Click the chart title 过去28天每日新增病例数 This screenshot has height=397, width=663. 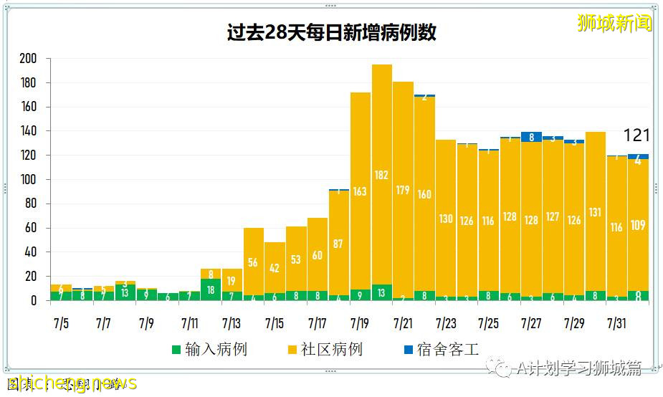coord(331,33)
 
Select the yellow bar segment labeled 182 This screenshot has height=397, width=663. coord(382,175)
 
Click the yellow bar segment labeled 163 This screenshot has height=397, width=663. coord(361,191)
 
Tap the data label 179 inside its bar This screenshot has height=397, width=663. coord(404,190)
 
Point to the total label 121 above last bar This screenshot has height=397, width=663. coord(636,135)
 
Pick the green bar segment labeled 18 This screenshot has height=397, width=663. coord(211,290)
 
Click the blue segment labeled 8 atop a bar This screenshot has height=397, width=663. coord(531,137)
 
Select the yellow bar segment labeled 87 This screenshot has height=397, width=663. coord(339,243)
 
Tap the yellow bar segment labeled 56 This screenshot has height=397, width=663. coord(253,262)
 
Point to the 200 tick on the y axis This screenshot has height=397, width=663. coord(29,59)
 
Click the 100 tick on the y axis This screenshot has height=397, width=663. coord(29,180)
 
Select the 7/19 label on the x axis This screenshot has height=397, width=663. coord(360,323)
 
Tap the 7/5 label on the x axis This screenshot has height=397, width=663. coord(60,323)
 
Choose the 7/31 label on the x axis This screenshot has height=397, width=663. coord(616,323)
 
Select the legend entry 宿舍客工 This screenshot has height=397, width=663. coord(441,350)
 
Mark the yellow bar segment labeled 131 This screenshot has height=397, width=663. coord(595,212)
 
